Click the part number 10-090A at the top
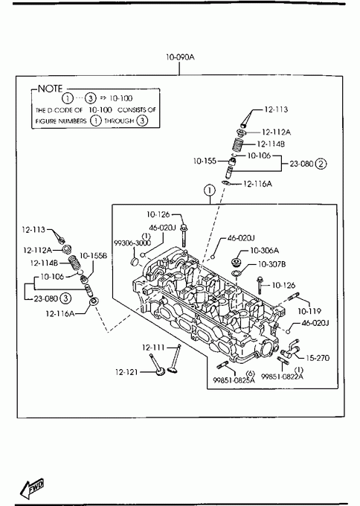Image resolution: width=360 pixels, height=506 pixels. point(180,57)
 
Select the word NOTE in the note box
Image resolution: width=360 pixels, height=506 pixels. point(51,89)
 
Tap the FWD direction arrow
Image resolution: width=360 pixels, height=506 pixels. point(32,487)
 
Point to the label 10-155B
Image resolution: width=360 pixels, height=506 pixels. point(93,255)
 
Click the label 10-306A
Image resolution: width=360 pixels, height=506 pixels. point(264,251)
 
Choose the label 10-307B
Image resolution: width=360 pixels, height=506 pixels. point(271,264)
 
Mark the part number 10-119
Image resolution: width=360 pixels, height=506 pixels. point(309,311)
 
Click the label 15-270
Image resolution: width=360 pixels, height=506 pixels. point(318,358)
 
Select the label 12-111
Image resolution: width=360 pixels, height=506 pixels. point(153,348)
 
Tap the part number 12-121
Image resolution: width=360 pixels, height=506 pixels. point(126,372)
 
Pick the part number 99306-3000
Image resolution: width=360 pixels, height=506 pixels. point(132,243)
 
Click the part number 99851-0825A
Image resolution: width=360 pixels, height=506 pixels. point(234,380)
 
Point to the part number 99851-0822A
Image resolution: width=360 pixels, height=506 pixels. point(282,377)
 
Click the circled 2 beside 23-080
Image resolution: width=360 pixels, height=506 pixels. point(321,164)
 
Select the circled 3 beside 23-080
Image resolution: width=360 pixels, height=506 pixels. point(65,298)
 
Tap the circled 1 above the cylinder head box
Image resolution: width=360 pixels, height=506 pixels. point(210,190)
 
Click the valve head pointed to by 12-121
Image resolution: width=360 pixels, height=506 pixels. point(161,373)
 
